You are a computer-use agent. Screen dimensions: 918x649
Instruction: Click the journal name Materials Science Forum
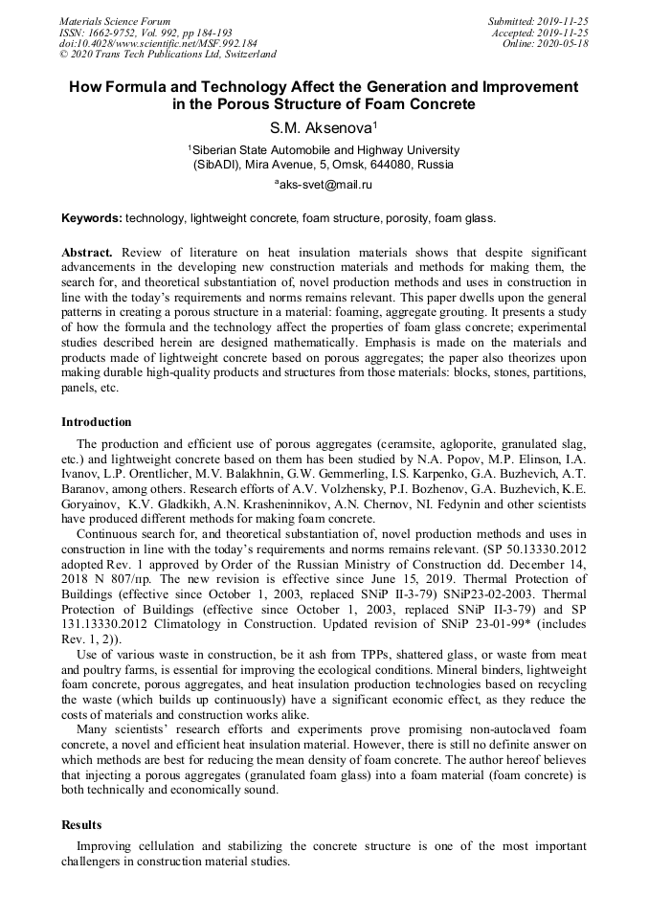(x=115, y=20)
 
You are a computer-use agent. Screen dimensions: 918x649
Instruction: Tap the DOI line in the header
(x=158, y=43)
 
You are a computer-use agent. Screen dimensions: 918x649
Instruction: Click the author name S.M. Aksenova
(x=322, y=127)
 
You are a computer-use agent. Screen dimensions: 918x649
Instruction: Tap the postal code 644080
(x=392, y=164)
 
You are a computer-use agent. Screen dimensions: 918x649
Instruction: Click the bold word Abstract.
(x=87, y=252)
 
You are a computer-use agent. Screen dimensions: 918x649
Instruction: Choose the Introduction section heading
(x=97, y=422)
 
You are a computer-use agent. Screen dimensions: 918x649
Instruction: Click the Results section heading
(x=81, y=824)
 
